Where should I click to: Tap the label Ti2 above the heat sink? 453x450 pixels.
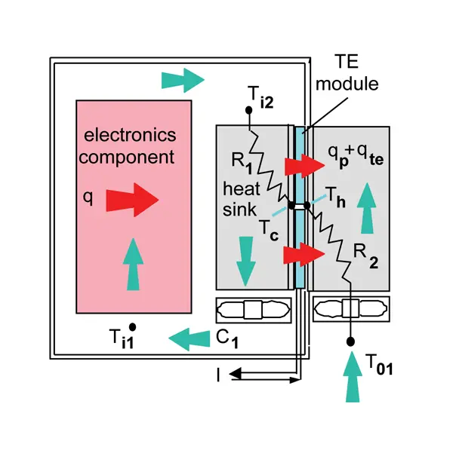click(260, 94)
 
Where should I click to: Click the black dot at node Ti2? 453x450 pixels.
click(248, 110)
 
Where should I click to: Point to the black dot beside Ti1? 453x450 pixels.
click(132, 326)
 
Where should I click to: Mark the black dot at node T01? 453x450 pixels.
click(350, 342)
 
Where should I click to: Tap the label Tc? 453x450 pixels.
click(269, 227)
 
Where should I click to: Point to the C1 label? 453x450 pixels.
click(227, 340)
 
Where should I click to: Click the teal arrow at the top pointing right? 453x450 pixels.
click(182, 78)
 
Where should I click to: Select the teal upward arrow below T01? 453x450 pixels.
click(350, 381)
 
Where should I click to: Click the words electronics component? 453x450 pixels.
click(130, 146)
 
